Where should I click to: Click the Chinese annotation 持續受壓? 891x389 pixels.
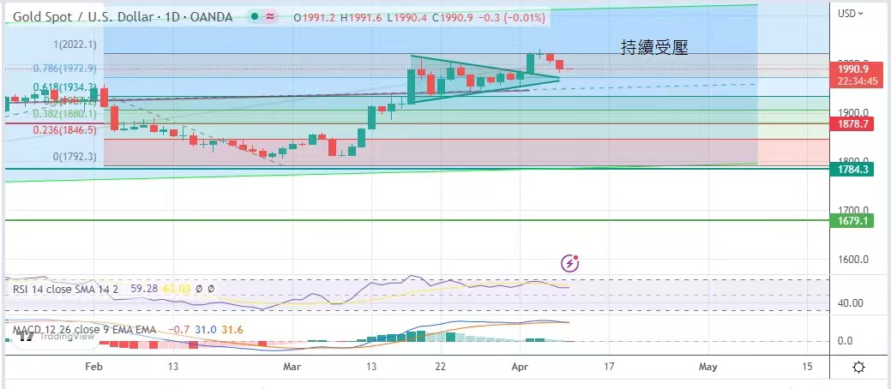[655, 49]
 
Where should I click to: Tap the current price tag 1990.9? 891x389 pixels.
[854, 69]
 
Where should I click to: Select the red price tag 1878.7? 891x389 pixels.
[854, 124]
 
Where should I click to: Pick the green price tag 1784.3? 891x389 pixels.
[854, 170]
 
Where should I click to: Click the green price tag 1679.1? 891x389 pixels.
[854, 220]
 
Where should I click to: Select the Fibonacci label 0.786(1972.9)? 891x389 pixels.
[63, 68]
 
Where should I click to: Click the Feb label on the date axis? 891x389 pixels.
[93, 366]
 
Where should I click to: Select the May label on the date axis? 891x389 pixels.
[707, 366]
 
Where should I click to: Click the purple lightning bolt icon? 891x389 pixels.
[569, 263]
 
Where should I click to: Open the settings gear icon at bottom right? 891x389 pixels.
[859, 367]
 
